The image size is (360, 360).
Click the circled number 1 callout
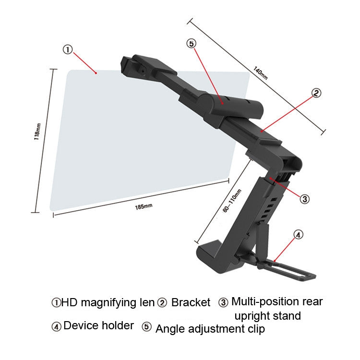pos(68,49)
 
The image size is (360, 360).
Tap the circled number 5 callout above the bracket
pos(192,44)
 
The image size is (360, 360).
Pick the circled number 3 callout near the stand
pos(304,198)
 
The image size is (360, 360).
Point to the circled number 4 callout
pos(298,235)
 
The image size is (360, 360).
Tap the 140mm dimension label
pos(260,73)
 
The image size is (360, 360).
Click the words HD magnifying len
pos(108,302)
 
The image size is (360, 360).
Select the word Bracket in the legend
pos(191,302)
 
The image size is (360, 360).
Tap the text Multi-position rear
pos(277,301)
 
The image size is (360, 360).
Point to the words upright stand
pos(267,316)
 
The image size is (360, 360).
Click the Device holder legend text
pos(98,325)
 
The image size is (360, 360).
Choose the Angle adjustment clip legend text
pos(210,328)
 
